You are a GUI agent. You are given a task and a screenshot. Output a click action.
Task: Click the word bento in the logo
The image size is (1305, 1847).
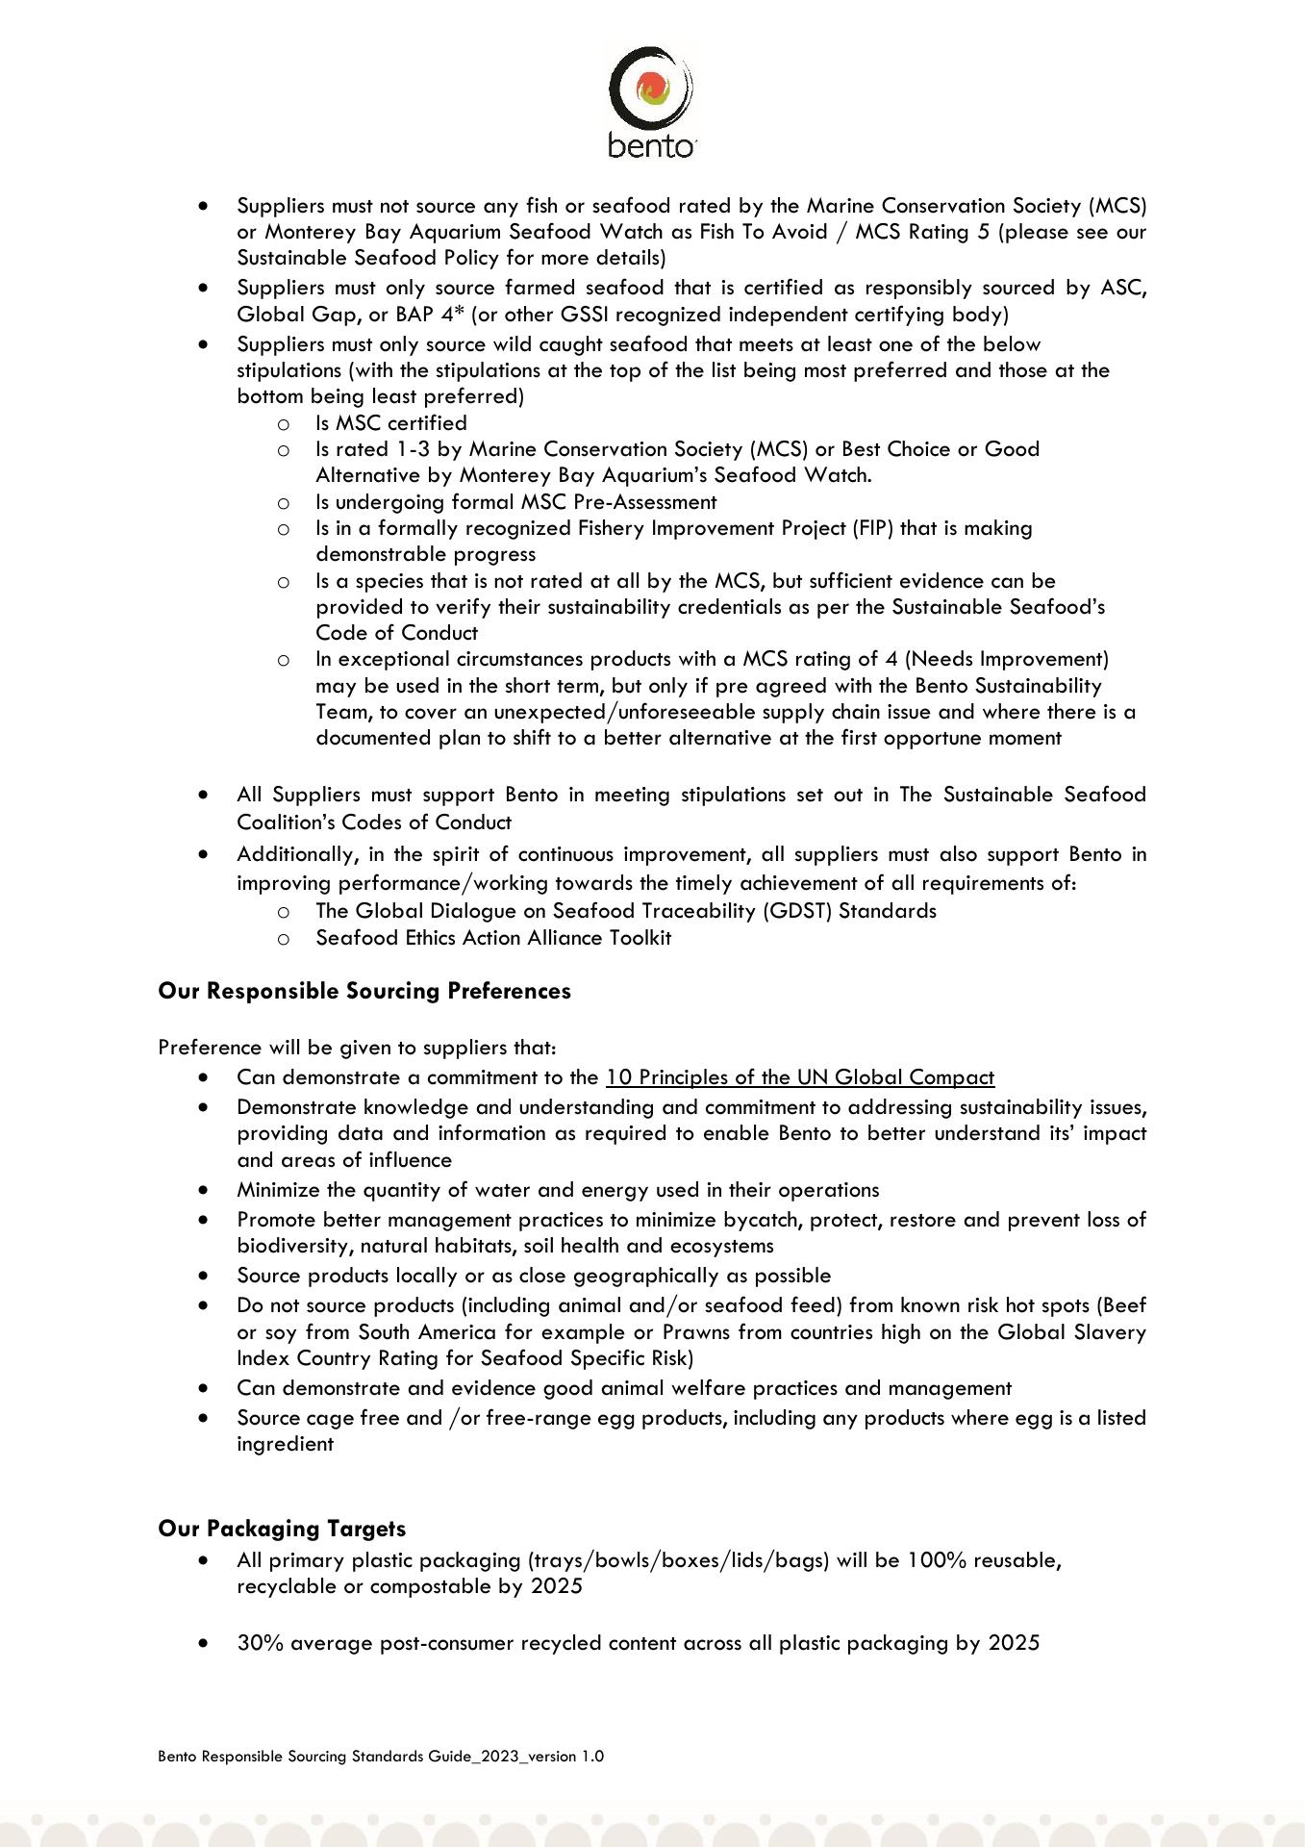point(650,146)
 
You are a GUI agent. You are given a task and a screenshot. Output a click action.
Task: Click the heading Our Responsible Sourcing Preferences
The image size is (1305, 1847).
point(364,991)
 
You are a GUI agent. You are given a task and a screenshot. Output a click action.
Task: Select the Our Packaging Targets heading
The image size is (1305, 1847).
point(282,1529)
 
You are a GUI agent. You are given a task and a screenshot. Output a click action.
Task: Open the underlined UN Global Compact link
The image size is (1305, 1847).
point(800,1077)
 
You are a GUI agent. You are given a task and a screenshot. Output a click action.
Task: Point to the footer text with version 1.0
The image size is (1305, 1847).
point(381,1757)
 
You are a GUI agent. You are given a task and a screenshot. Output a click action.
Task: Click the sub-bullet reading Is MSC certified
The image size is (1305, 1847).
point(391,423)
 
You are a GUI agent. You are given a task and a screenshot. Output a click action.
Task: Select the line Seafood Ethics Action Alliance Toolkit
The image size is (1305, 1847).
point(493,938)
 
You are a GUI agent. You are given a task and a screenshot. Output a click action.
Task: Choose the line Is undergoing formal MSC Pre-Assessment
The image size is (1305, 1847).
point(515,502)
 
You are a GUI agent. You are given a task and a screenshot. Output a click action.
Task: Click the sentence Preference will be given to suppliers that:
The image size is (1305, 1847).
point(357,1048)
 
